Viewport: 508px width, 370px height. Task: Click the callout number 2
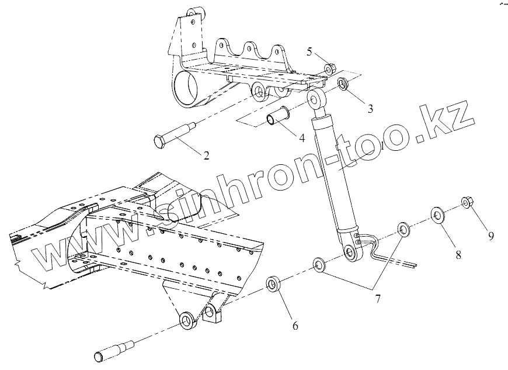click(x=206, y=155)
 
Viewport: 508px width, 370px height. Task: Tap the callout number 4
click(x=301, y=138)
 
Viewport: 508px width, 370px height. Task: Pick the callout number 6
click(x=295, y=326)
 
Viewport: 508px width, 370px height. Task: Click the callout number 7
click(x=378, y=299)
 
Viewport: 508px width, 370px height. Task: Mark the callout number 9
click(x=491, y=236)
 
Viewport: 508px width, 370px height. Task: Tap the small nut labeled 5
click(x=329, y=70)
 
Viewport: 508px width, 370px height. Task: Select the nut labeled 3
click(x=345, y=83)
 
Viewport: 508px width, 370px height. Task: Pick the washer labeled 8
click(x=438, y=215)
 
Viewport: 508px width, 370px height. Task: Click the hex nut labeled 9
click(x=467, y=202)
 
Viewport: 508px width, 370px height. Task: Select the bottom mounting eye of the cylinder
click(x=351, y=252)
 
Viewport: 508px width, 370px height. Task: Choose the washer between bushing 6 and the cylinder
click(x=319, y=264)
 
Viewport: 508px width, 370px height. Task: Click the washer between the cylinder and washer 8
click(x=403, y=228)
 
